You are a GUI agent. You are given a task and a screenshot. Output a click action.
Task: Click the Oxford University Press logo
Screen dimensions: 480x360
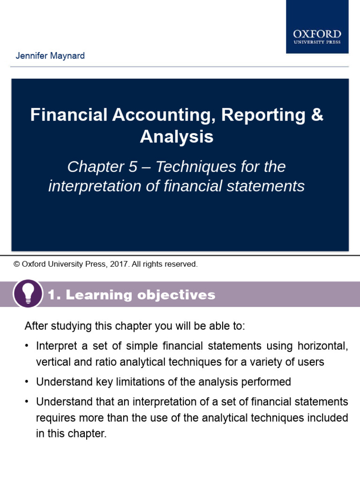point(317,36)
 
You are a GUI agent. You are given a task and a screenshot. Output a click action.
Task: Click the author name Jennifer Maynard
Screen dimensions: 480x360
point(50,56)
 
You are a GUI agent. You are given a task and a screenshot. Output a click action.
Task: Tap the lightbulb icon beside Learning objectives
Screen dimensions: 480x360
point(28,294)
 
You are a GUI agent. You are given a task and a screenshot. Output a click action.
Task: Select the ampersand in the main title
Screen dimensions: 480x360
point(317,115)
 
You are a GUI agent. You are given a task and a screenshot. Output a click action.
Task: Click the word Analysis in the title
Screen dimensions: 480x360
point(177,137)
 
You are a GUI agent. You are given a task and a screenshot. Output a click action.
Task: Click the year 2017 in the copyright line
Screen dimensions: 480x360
point(120,264)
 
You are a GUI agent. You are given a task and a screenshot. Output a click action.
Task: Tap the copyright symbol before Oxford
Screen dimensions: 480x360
point(17,264)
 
